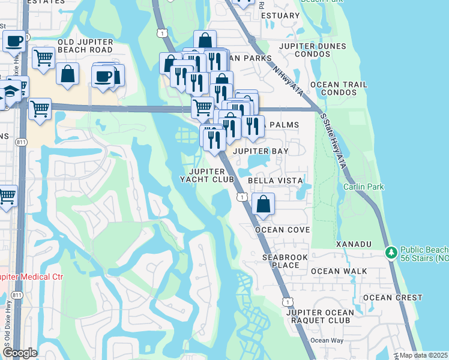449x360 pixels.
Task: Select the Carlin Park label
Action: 363,187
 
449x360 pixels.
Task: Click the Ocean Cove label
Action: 282,230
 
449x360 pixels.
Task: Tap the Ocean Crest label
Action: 393,298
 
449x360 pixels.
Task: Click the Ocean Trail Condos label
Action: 343,88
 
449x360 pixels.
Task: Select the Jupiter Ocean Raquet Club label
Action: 318,316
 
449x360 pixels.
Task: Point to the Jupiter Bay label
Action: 261,151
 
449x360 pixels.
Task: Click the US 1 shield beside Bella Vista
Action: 242,196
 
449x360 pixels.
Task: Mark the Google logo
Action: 19,353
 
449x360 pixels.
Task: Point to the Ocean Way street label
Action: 327,340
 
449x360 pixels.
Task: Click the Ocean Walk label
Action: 339,271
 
